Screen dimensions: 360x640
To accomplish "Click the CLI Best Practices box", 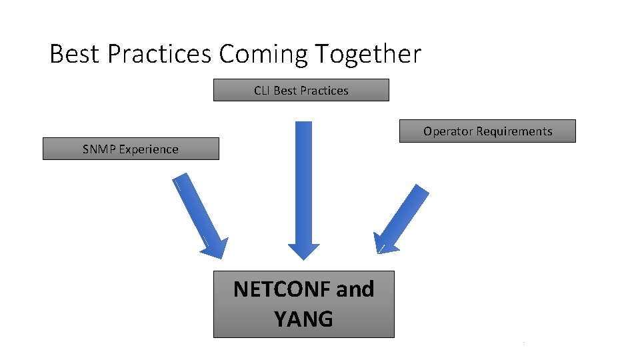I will [301, 90].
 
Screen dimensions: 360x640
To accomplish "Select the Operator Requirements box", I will [487, 131].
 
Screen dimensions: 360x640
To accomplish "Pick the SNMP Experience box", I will [131, 149].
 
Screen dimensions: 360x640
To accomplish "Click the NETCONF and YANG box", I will [303, 304].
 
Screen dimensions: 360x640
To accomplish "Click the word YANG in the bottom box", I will [303, 319].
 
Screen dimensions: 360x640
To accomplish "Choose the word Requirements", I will [514, 131].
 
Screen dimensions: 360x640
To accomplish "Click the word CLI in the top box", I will [262, 91].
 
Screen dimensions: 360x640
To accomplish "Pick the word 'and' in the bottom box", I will [355, 289].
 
